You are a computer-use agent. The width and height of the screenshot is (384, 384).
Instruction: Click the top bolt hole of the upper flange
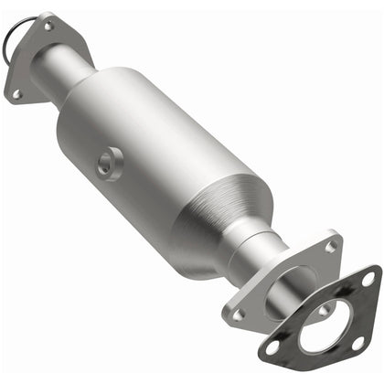point(48,27)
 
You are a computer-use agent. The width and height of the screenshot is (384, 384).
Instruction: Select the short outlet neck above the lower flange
point(266,251)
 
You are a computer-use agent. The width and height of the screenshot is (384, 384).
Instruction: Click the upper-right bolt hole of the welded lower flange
point(329,246)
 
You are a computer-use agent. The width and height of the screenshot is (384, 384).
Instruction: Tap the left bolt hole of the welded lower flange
point(239,314)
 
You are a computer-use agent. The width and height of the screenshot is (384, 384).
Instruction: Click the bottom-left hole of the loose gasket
point(272,348)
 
